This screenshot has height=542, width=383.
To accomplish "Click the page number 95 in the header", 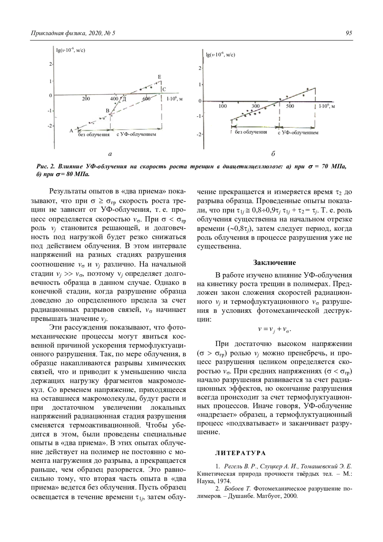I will tap(349, 33).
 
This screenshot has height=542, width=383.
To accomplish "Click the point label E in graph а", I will tap(160, 77).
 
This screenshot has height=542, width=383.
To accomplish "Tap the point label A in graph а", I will tap(71, 131).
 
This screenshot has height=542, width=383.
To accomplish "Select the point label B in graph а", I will tap(108, 110).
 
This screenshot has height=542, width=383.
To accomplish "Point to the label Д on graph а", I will tap(124, 99).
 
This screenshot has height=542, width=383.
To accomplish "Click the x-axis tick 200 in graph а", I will tap(86, 99).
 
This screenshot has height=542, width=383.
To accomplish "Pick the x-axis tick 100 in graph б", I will tap(222, 106).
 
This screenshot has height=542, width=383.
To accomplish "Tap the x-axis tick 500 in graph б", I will tap(290, 106).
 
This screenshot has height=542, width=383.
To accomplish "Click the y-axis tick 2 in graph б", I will tap(199, 69).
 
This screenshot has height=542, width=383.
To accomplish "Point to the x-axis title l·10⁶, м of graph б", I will tap(327, 106).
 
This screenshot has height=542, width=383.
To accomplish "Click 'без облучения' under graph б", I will tap(251, 132).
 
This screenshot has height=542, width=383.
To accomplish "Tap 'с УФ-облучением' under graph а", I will tap(136, 134).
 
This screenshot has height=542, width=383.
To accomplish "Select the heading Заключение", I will tap(274, 263).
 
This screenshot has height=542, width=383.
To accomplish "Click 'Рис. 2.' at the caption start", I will tap(46, 167).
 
